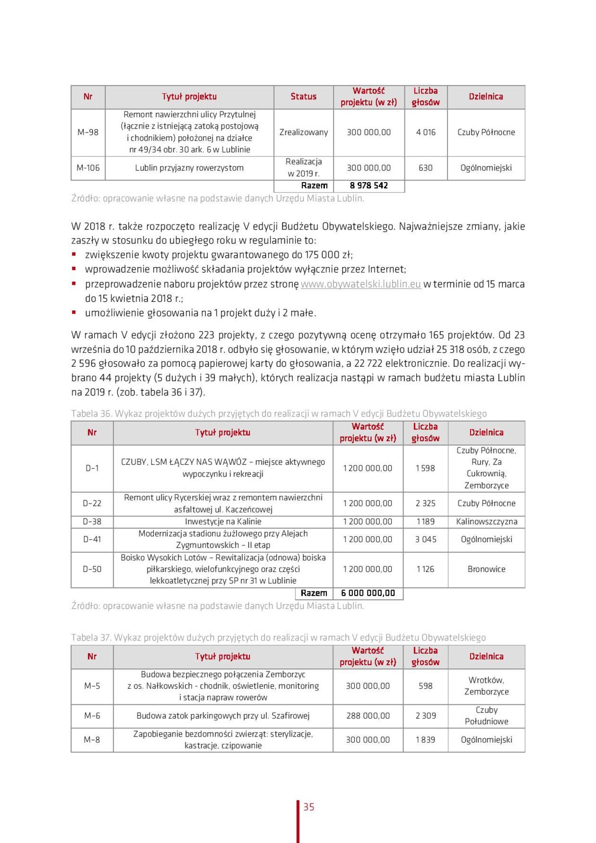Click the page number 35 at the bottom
(309, 807)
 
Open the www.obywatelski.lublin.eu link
(360, 284)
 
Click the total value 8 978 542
(369, 185)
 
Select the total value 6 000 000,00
(368, 593)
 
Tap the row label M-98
(88, 132)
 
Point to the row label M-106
(88, 167)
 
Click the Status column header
(303, 97)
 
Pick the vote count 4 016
(426, 132)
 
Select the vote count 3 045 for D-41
(425, 539)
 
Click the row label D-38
(92, 521)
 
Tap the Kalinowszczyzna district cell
(486, 521)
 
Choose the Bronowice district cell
(486, 569)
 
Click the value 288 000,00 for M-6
(368, 715)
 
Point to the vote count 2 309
(425, 715)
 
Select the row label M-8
(92, 739)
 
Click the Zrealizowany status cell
(303, 132)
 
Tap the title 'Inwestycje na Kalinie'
(223, 521)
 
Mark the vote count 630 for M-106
(426, 167)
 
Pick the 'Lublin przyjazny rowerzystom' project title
(189, 167)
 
